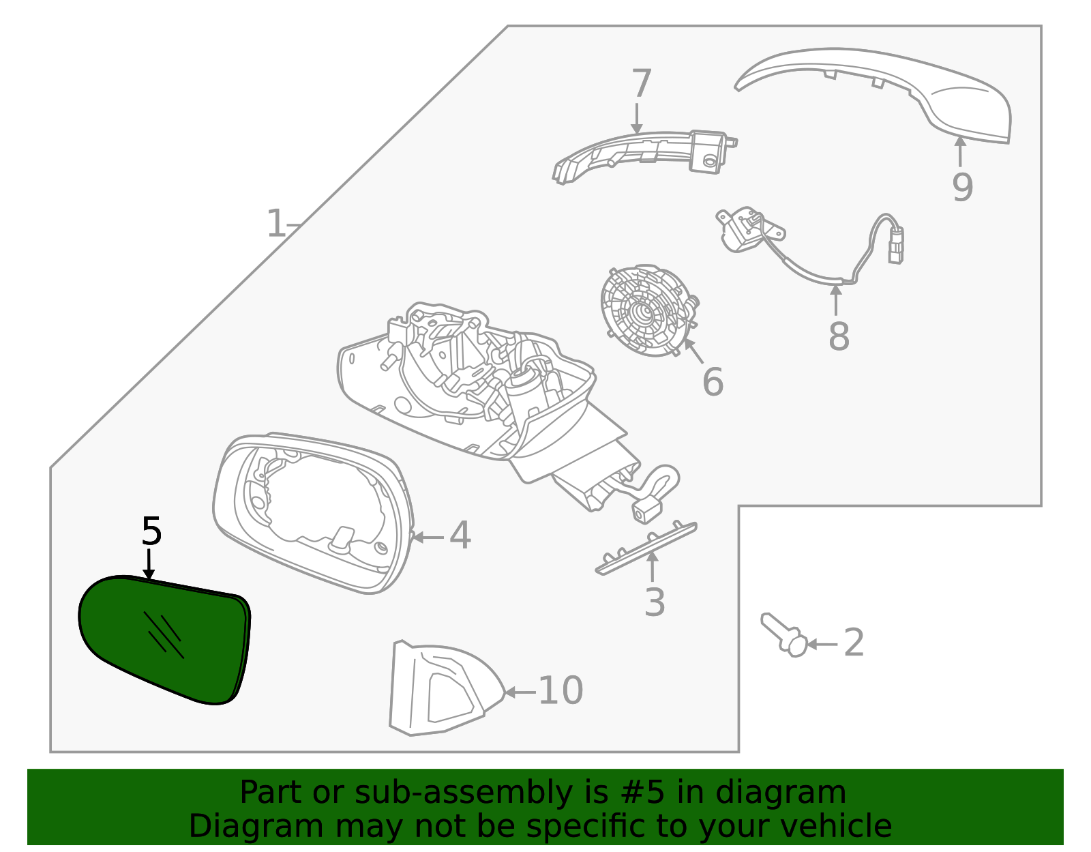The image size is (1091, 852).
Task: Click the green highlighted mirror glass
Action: pos(164,638)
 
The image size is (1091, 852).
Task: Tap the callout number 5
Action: pos(151,532)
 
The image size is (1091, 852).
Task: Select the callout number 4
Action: pos(460,536)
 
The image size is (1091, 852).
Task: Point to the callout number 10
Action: pos(561,691)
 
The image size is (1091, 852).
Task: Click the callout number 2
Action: pos(854,643)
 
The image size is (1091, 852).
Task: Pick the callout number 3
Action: pos(655,603)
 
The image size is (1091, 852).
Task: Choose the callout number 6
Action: pos(713,382)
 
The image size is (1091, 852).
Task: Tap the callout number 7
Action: pos(642,85)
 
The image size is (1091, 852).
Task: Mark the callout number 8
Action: pos(839,336)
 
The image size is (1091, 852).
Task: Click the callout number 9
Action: pos(962,188)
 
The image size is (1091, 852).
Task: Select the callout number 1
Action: pos(276,224)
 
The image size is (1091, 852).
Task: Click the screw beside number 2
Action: pos(785,634)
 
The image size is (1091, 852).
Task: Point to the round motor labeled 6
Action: pos(644,310)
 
